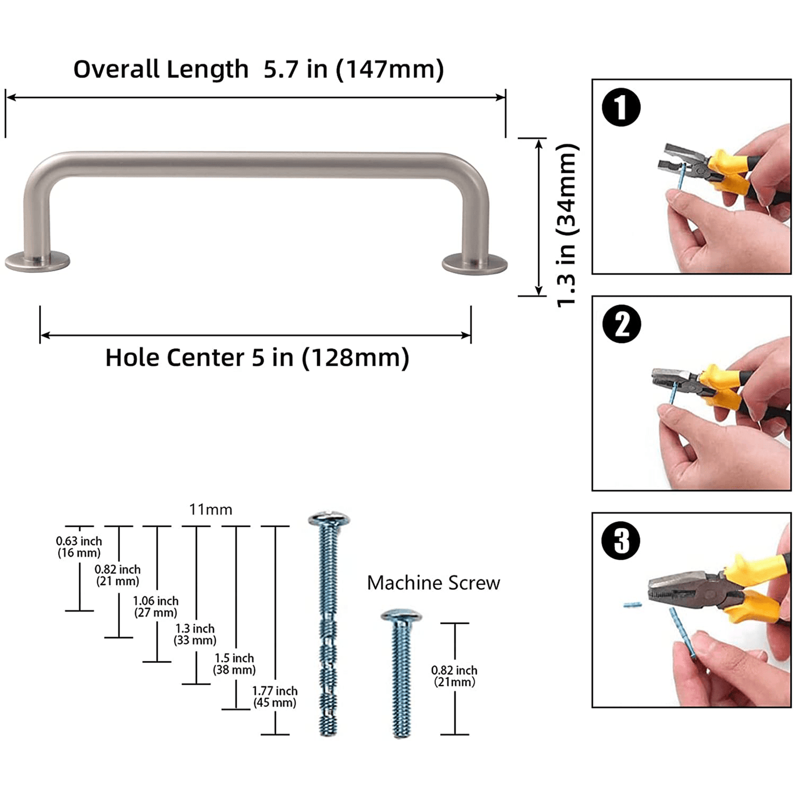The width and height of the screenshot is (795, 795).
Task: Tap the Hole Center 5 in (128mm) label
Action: tap(257, 357)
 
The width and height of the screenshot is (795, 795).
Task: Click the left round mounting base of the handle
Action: tap(37, 261)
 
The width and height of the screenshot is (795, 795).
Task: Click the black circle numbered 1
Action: tap(621, 107)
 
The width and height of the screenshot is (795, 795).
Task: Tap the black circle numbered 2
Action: tap(621, 324)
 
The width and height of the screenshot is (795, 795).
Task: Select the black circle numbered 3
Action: tap(621, 540)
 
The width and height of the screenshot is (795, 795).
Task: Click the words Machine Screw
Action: tap(433, 583)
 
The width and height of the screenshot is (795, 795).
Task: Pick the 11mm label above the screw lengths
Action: tap(210, 509)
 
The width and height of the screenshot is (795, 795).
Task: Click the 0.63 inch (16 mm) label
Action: tap(79, 547)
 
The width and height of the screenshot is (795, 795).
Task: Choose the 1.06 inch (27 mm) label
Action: tap(156, 606)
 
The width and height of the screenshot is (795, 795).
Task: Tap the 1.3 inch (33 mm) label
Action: tap(195, 634)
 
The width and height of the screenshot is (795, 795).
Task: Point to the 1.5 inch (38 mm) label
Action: tap(234, 664)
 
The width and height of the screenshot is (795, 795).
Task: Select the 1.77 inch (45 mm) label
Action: tap(275, 697)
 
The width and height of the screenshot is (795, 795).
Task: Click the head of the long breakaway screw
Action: tap(329, 519)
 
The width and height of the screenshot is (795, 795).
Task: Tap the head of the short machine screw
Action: tap(401, 616)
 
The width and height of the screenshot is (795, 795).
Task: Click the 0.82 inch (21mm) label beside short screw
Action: tap(454, 676)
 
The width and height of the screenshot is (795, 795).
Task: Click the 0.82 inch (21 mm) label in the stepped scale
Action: tap(118, 575)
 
